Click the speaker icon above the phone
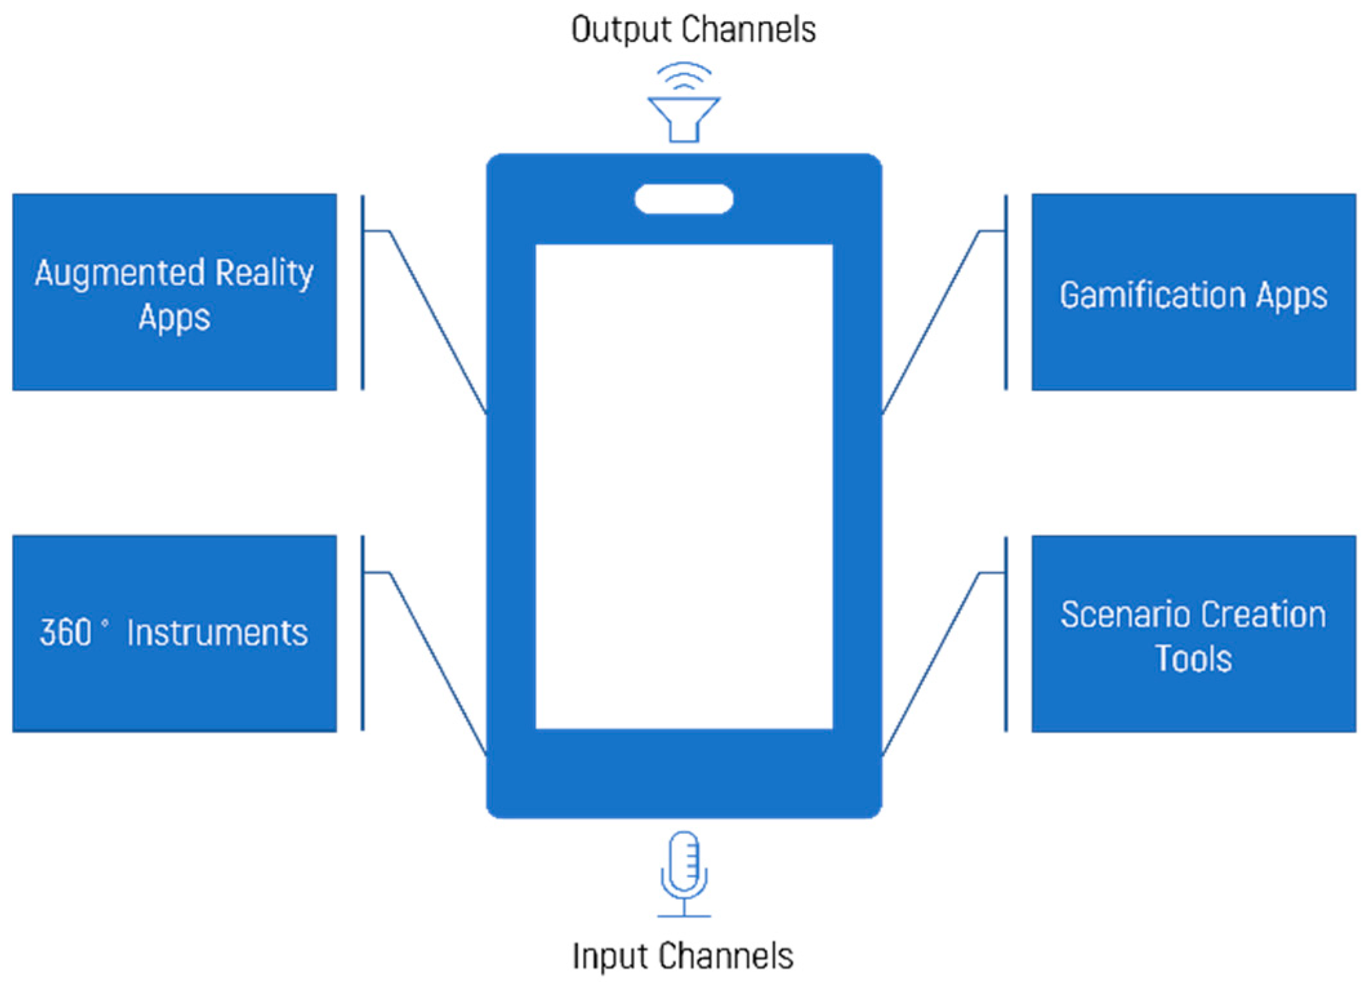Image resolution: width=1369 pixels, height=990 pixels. point(683,119)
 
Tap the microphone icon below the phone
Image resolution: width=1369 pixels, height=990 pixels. point(684,864)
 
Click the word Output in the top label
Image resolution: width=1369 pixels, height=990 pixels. point(621,30)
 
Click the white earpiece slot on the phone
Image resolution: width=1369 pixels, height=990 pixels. point(684,199)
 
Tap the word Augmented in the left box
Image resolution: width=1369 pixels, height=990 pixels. point(120,274)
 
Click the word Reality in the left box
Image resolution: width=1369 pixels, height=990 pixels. point(264,274)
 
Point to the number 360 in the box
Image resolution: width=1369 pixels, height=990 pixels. point(66,632)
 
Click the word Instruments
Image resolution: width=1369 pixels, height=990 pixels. point(217,632)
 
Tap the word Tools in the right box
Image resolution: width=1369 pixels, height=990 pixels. point(1193,659)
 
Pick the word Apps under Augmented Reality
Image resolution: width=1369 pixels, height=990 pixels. point(174,318)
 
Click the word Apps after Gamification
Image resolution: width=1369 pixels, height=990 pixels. point(1292,296)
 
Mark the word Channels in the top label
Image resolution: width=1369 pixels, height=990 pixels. point(749,30)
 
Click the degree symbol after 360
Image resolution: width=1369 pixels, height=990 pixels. point(105,623)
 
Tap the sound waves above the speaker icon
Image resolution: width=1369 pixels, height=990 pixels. point(684,76)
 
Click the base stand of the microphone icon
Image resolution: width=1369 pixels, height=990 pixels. point(684,915)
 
